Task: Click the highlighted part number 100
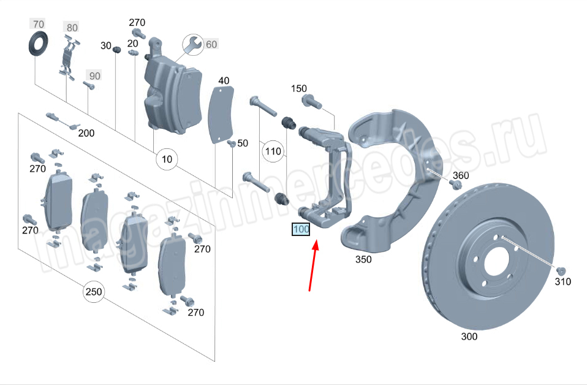click(x=301, y=229)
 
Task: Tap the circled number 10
click(x=167, y=159)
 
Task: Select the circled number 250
click(x=94, y=291)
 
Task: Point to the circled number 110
click(x=273, y=151)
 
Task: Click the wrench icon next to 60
click(x=193, y=45)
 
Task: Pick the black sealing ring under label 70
click(x=38, y=44)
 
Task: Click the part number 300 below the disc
click(x=469, y=337)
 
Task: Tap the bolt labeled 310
click(x=561, y=271)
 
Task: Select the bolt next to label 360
click(x=456, y=185)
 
